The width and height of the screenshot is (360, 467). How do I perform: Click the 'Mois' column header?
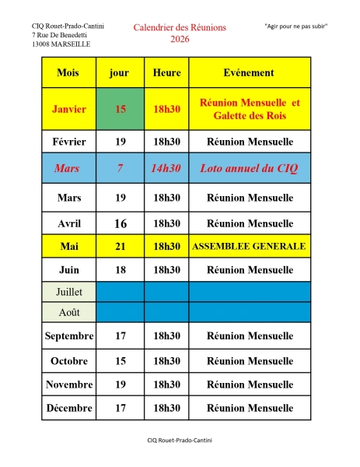click(68, 72)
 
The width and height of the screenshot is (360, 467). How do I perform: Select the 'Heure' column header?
click(166, 72)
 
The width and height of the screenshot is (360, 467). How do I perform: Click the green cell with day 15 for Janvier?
click(120, 109)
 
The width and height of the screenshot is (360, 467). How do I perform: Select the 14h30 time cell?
click(166, 167)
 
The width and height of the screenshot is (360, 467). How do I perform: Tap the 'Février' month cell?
click(68, 142)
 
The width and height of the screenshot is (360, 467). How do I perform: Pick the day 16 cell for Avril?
click(120, 223)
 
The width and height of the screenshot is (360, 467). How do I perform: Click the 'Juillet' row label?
click(68, 293)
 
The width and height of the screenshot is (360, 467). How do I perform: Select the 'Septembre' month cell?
click(68, 336)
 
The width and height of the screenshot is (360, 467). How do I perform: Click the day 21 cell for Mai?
click(120, 246)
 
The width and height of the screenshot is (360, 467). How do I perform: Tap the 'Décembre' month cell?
click(68, 407)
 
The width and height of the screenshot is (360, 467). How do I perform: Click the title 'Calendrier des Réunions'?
click(180, 27)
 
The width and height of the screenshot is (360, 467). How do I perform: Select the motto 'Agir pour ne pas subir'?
click(295, 26)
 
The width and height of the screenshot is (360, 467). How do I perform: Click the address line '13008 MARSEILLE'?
click(61, 44)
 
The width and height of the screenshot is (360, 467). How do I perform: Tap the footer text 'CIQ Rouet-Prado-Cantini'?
click(180, 440)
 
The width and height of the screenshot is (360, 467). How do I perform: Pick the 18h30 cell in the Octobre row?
click(166, 360)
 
